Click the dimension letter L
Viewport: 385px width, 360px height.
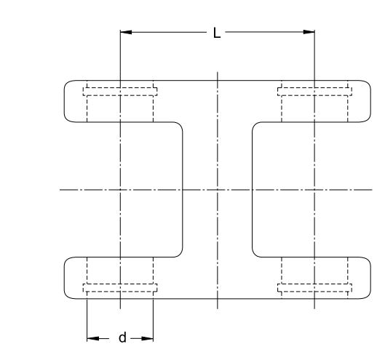pyautogui.click(x=217, y=33)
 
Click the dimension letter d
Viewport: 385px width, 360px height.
pyautogui.click(x=122, y=337)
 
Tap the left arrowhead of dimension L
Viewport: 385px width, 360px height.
pyautogui.click(x=126, y=32)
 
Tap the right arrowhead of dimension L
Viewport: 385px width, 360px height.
pyautogui.click(x=309, y=32)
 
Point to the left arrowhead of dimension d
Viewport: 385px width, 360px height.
pyautogui.click(x=93, y=339)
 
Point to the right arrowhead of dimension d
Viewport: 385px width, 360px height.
pyautogui.click(x=147, y=339)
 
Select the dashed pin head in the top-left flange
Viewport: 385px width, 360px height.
pyautogui.click(x=120, y=92)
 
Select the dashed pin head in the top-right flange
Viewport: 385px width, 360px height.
pyautogui.click(x=314, y=92)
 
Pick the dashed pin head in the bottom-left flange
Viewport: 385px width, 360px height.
pyautogui.click(x=120, y=288)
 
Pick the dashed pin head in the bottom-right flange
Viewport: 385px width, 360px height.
pyautogui.click(x=314, y=288)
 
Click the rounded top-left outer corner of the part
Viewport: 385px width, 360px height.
pyautogui.click(x=67, y=83)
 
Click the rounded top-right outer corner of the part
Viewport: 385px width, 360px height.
pyautogui.click(x=368, y=83)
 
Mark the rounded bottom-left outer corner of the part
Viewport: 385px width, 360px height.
pyautogui.click(x=67, y=296)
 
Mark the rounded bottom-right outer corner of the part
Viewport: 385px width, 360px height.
pyautogui.click(x=368, y=296)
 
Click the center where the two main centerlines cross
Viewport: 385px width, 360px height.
pyautogui.click(x=218, y=190)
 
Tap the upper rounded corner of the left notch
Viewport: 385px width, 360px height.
pyautogui.click(x=180, y=124)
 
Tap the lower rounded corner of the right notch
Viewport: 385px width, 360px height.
pyautogui.click(x=255, y=255)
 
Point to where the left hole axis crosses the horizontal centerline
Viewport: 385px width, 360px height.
pyautogui.click(x=120, y=190)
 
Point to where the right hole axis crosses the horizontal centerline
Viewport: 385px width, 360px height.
pyautogui.click(x=314, y=190)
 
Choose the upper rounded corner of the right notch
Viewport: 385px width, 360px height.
pyautogui.click(x=255, y=124)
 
